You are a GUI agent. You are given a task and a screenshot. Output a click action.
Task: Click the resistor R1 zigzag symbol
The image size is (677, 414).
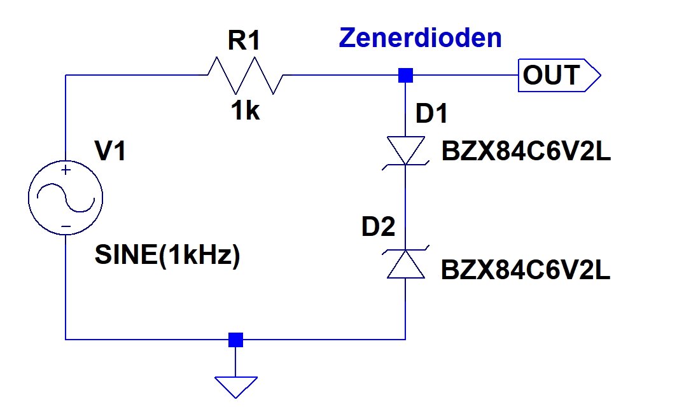(246, 76)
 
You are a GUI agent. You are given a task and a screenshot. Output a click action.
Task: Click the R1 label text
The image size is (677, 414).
(244, 41)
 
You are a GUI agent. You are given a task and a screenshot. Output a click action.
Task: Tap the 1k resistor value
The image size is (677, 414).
(245, 111)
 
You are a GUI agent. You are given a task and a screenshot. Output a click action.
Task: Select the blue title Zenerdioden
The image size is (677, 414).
(420, 38)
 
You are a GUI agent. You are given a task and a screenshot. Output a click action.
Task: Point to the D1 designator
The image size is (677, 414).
(432, 114)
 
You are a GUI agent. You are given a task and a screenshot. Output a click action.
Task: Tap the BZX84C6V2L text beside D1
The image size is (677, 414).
(526, 152)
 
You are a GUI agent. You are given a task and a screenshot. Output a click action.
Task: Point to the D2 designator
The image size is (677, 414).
(379, 227)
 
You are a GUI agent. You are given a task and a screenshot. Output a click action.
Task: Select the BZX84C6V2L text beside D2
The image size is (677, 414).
(526, 271)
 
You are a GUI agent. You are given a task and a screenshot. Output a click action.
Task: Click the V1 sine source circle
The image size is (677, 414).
(66, 197)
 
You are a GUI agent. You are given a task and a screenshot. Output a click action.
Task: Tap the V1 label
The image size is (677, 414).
(111, 153)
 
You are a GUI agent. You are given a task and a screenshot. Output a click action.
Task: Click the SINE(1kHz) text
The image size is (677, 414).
(167, 256)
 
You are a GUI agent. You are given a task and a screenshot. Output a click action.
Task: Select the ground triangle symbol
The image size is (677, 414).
(236, 385)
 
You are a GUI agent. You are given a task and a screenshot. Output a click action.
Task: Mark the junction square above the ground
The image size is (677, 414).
(236, 340)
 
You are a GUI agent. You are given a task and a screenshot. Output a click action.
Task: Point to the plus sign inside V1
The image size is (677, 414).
(66, 170)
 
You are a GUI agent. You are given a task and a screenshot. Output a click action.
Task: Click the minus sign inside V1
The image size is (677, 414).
(66, 226)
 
